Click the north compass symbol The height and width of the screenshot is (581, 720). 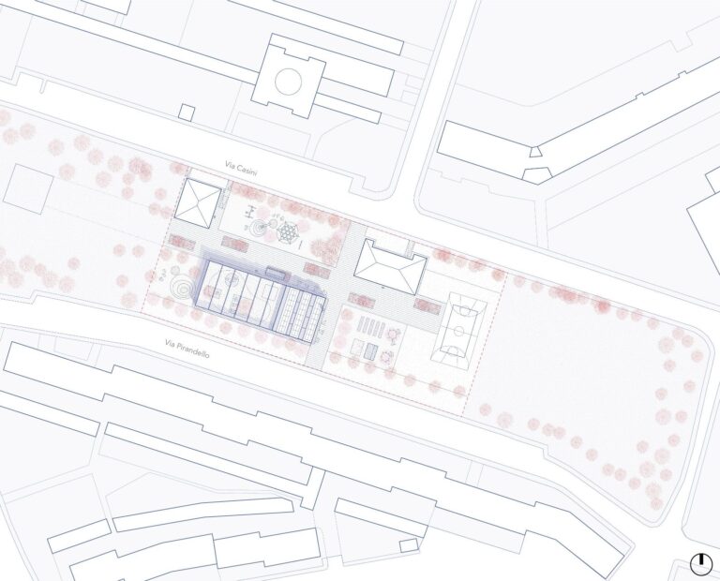click(700, 563)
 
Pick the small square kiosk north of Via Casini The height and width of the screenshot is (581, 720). click(187, 112)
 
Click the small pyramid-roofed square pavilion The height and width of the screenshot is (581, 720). click(198, 201)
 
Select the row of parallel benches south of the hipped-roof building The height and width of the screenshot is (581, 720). click(373, 328)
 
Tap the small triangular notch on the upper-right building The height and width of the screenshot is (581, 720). click(534, 150)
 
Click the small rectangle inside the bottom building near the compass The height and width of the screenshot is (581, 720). click(410, 545)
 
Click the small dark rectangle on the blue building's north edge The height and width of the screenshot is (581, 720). click(277, 272)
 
